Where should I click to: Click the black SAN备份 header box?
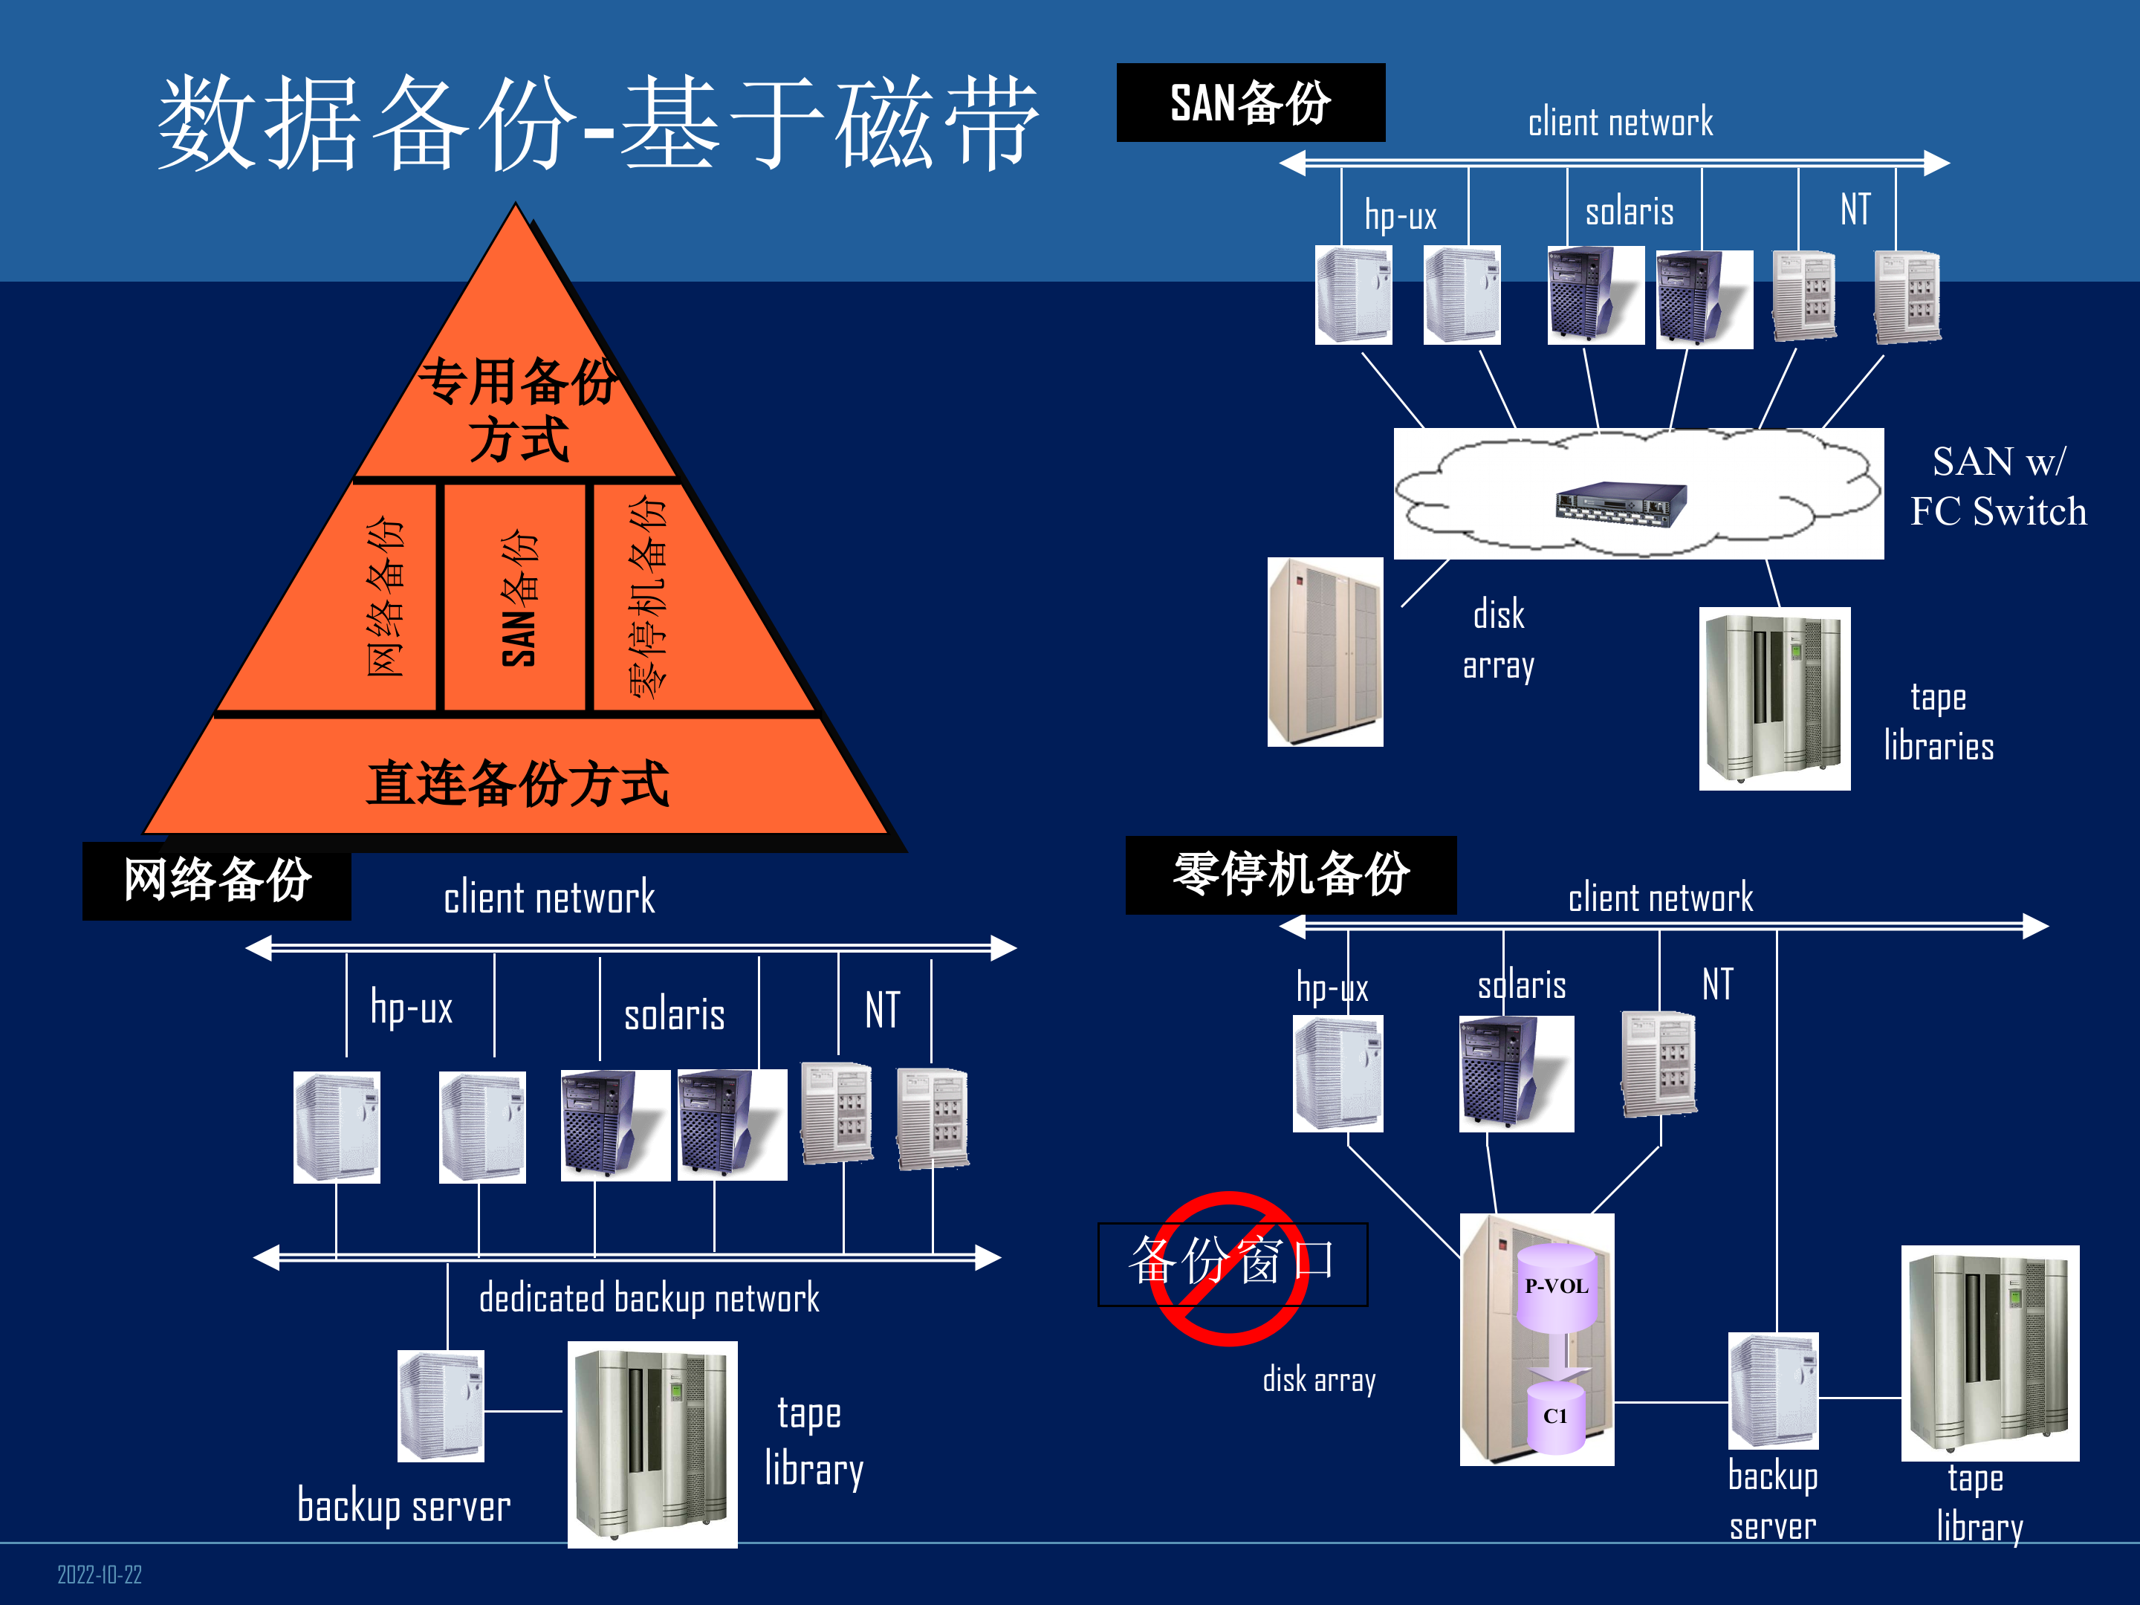click(x=1250, y=103)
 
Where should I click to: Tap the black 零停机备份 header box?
click(x=1291, y=875)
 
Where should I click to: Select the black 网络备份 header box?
click(x=217, y=881)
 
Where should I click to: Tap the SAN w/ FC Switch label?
click(x=1998, y=486)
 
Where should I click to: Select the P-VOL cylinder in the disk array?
click(x=1556, y=1287)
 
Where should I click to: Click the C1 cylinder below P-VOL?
click(x=1554, y=1416)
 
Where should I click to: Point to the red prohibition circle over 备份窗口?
click(x=1230, y=1268)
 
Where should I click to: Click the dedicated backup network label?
click(x=648, y=1298)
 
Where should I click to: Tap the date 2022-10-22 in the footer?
click(x=99, y=1574)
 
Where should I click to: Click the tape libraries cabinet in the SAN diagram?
click(x=1774, y=698)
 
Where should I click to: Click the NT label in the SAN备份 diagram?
click(x=1855, y=209)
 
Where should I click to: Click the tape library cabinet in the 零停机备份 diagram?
click(x=1989, y=1352)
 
